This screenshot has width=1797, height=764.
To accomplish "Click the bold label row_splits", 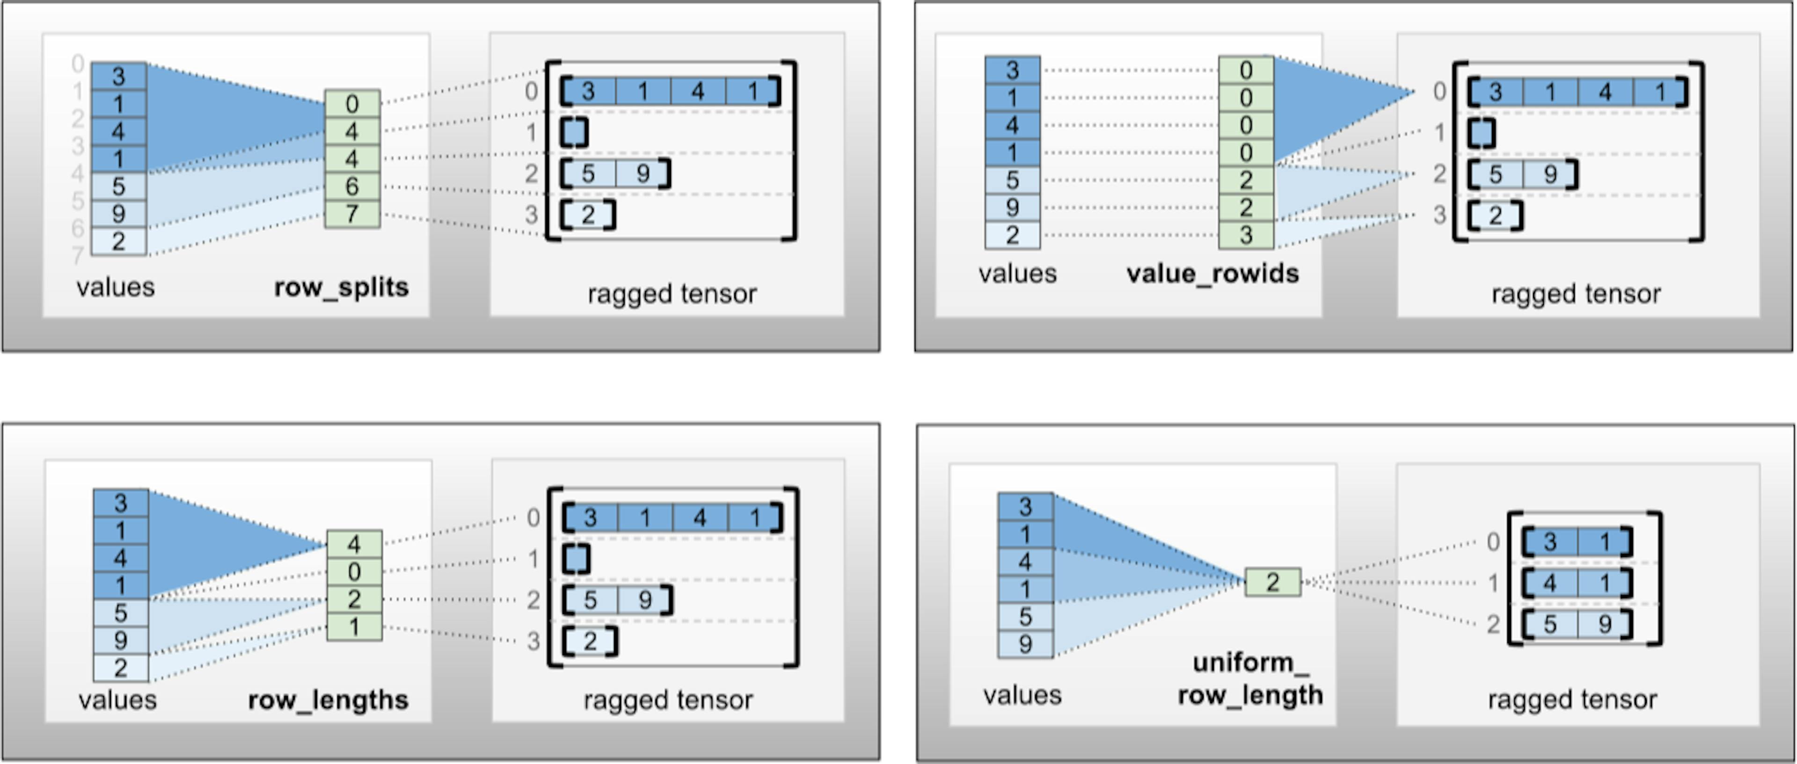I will click(341, 287).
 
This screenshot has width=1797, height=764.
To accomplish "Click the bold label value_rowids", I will click(1213, 273).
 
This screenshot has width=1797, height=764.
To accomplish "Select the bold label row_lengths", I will click(328, 699).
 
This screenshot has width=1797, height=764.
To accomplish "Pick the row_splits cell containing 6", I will click(352, 186).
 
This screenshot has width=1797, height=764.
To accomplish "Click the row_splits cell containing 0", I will click(352, 104).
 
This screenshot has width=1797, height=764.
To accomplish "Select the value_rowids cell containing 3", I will click(1246, 235).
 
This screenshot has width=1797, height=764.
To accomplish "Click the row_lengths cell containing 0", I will click(354, 572).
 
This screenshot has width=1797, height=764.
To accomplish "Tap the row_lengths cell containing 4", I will click(354, 544).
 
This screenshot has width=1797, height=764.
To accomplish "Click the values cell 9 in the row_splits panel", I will click(118, 213).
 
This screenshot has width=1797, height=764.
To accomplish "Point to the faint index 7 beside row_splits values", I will click(77, 255).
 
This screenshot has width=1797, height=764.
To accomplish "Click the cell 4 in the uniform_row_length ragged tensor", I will click(1549, 583).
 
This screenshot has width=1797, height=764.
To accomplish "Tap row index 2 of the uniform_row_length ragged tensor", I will click(1493, 624).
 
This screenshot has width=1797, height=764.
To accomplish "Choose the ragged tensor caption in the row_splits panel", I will click(672, 294).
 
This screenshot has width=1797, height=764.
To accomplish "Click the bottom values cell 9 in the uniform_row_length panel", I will click(1025, 643).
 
